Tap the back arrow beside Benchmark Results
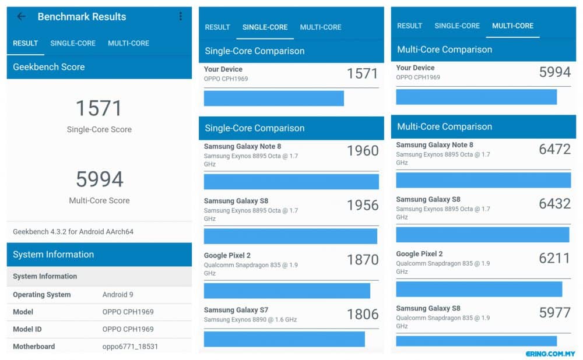click(x=21, y=16)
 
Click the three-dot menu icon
click(x=180, y=16)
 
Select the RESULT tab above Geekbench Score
click(x=25, y=43)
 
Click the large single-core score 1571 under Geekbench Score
click(x=99, y=108)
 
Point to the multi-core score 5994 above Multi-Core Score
click(x=99, y=179)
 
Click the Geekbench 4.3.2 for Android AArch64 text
click(x=73, y=231)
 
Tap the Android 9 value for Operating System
click(x=118, y=295)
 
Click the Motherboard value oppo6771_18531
click(x=130, y=347)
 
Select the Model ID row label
click(x=27, y=329)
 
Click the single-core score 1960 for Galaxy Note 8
click(x=363, y=150)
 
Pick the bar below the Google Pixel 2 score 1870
click(x=287, y=291)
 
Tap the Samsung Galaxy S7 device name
click(x=236, y=310)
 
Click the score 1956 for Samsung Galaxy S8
click(x=363, y=205)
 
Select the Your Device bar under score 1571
click(x=273, y=98)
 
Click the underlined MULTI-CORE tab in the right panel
click(x=512, y=26)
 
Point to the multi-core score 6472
click(x=555, y=149)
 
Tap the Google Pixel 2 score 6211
click(x=554, y=258)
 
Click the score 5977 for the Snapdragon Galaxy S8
click(x=555, y=313)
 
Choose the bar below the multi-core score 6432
click(x=483, y=235)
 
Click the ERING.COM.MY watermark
click(x=550, y=354)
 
